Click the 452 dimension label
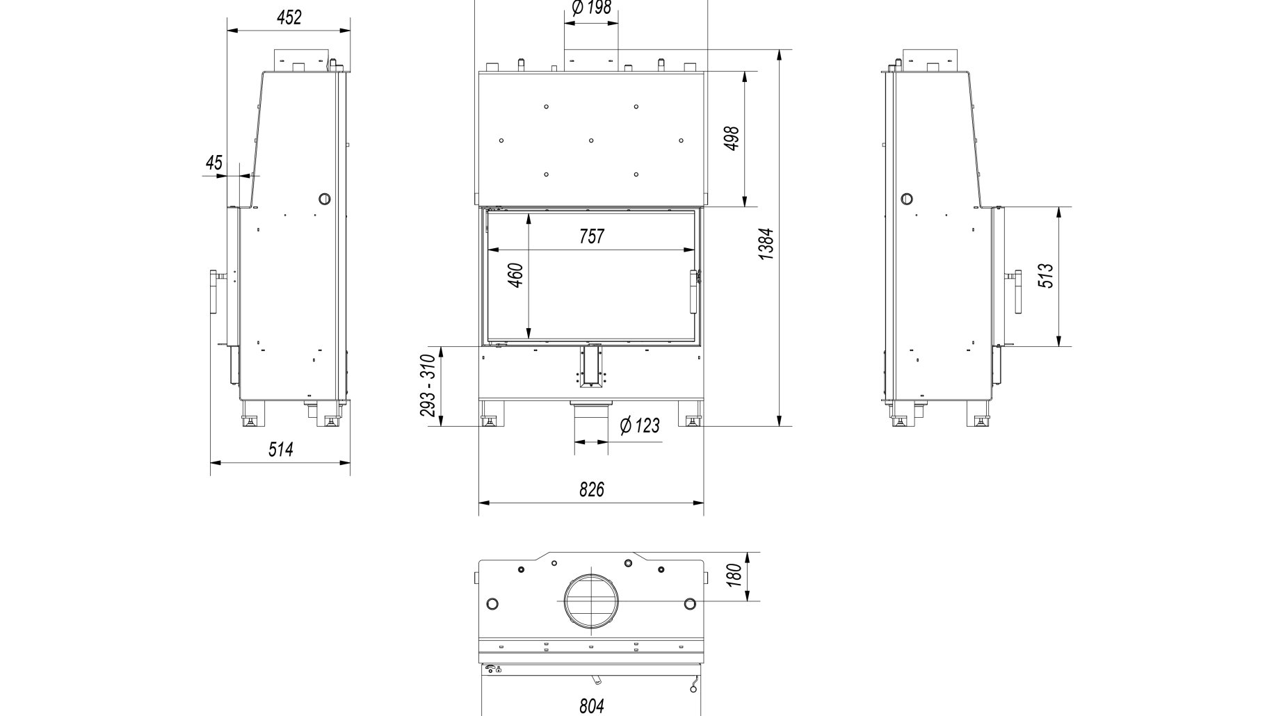pos(289,17)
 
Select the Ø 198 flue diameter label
pos(590,8)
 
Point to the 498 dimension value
pos(731,140)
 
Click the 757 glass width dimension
pos(592,236)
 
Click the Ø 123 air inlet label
pos(639,425)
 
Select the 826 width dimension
pos(592,489)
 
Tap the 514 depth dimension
pos(281,449)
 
